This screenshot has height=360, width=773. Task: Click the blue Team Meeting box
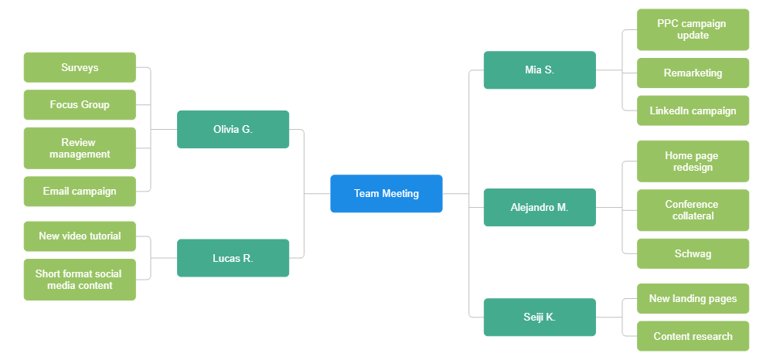pos(386,193)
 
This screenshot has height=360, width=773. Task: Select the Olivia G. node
pos(233,129)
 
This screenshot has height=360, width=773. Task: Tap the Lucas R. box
pos(233,258)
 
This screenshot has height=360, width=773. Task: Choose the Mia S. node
pos(539,70)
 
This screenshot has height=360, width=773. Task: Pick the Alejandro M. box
pos(539,207)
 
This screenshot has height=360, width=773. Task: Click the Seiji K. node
pos(539,317)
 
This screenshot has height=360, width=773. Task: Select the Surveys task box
pos(80,67)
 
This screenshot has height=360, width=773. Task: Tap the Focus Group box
pos(80,104)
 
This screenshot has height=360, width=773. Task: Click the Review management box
pos(80,148)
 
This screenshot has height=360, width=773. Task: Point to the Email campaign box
pos(80,191)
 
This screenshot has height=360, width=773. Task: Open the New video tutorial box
pos(80,236)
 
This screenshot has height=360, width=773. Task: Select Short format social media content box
pos(80,279)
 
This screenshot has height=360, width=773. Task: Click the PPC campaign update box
pos(693,29)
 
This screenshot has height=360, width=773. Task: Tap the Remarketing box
pos(693,73)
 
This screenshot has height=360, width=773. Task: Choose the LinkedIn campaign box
pos(693,110)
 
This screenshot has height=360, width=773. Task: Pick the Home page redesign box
pos(693,161)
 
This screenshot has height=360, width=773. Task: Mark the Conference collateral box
pos(693,210)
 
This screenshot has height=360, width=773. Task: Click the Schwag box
pos(693,253)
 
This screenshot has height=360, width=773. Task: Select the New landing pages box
pos(693,298)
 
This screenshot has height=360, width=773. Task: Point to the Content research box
pos(693,336)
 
